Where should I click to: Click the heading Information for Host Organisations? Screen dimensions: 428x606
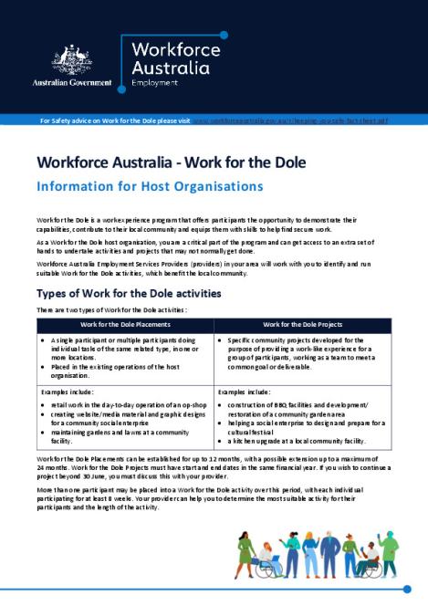click(149, 185)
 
